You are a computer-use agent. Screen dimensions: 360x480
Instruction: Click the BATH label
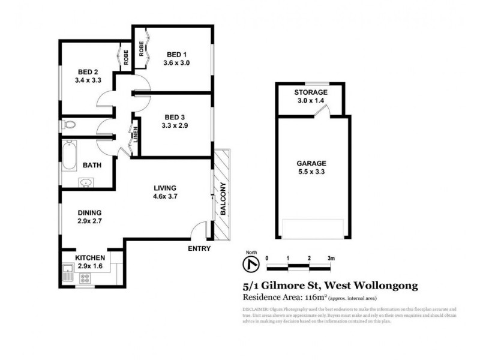coord(92,165)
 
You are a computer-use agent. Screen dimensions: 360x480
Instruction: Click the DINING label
coord(89,212)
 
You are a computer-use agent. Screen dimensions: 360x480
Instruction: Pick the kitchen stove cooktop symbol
coord(84,277)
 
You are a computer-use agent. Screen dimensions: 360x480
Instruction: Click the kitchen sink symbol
coord(67,277)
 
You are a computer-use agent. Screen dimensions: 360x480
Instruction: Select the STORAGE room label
coord(310,92)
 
